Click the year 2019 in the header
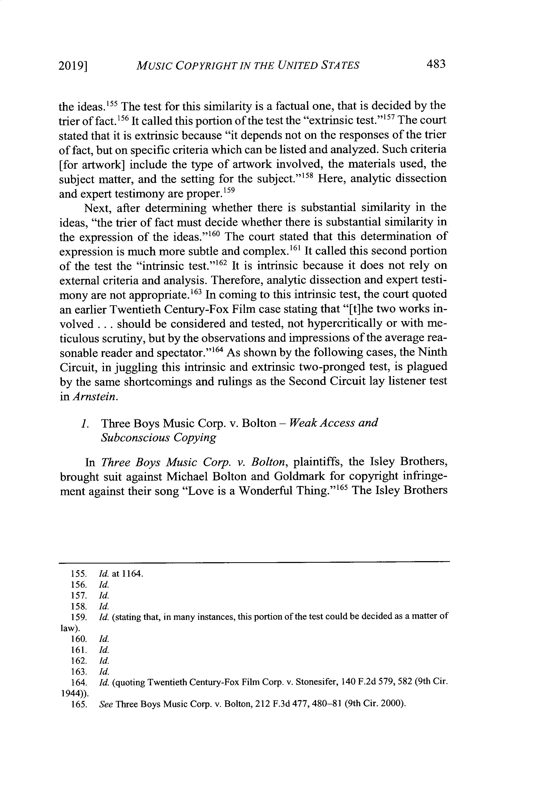(72, 65)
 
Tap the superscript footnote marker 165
(343, 487)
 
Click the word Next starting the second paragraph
(97, 208)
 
